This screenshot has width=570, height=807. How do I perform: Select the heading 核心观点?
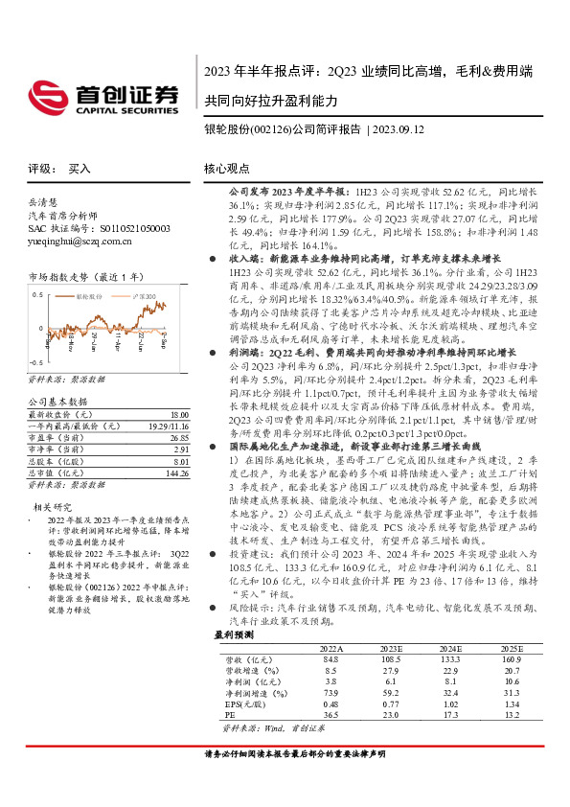[x=227, y=168]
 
